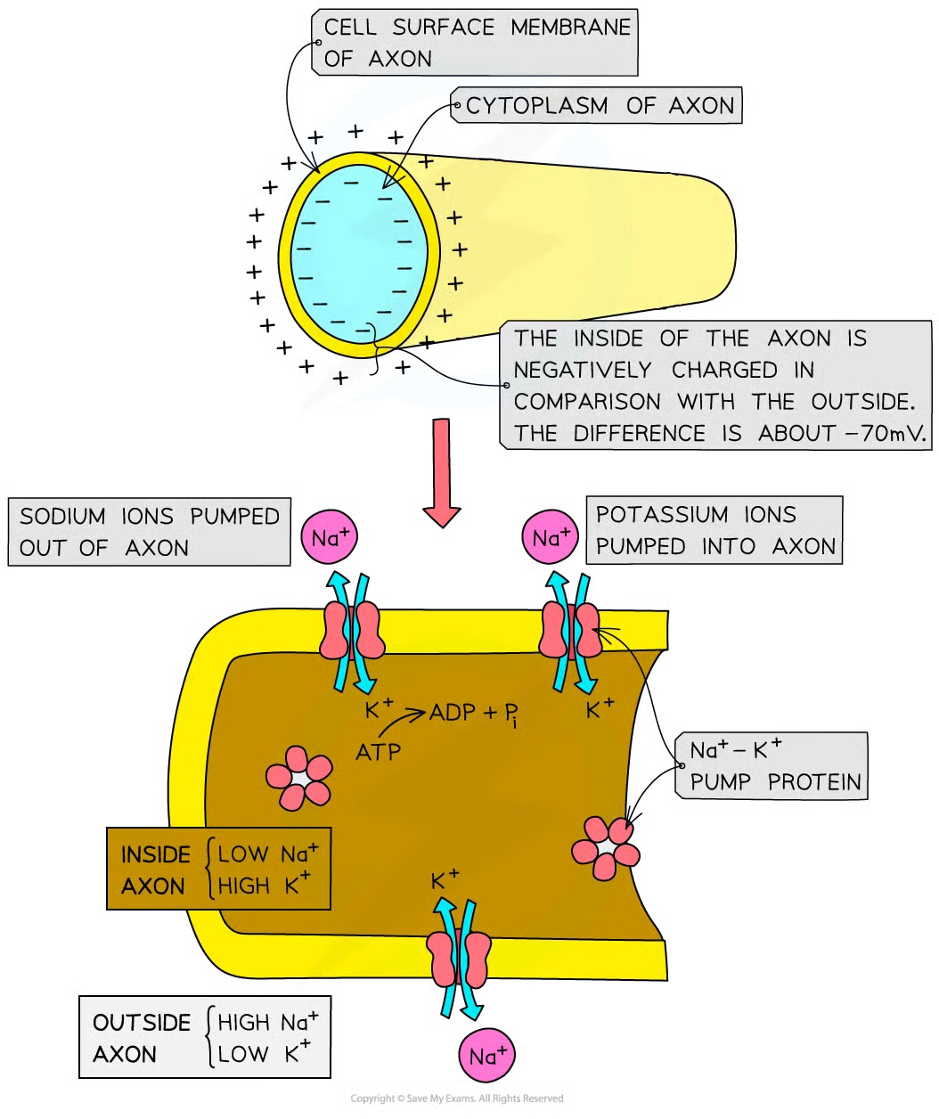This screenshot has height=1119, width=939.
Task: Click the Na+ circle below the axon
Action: [487, 1057]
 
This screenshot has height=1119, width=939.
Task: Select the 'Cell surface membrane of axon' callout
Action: [476, 43]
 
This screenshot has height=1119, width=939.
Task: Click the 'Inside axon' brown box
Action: [219, 870]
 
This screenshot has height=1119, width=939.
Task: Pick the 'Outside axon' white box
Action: [204, 1038]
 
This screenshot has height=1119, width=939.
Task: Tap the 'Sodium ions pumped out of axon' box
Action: [149, 532]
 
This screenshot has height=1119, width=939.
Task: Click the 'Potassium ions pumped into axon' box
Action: [715, 530]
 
